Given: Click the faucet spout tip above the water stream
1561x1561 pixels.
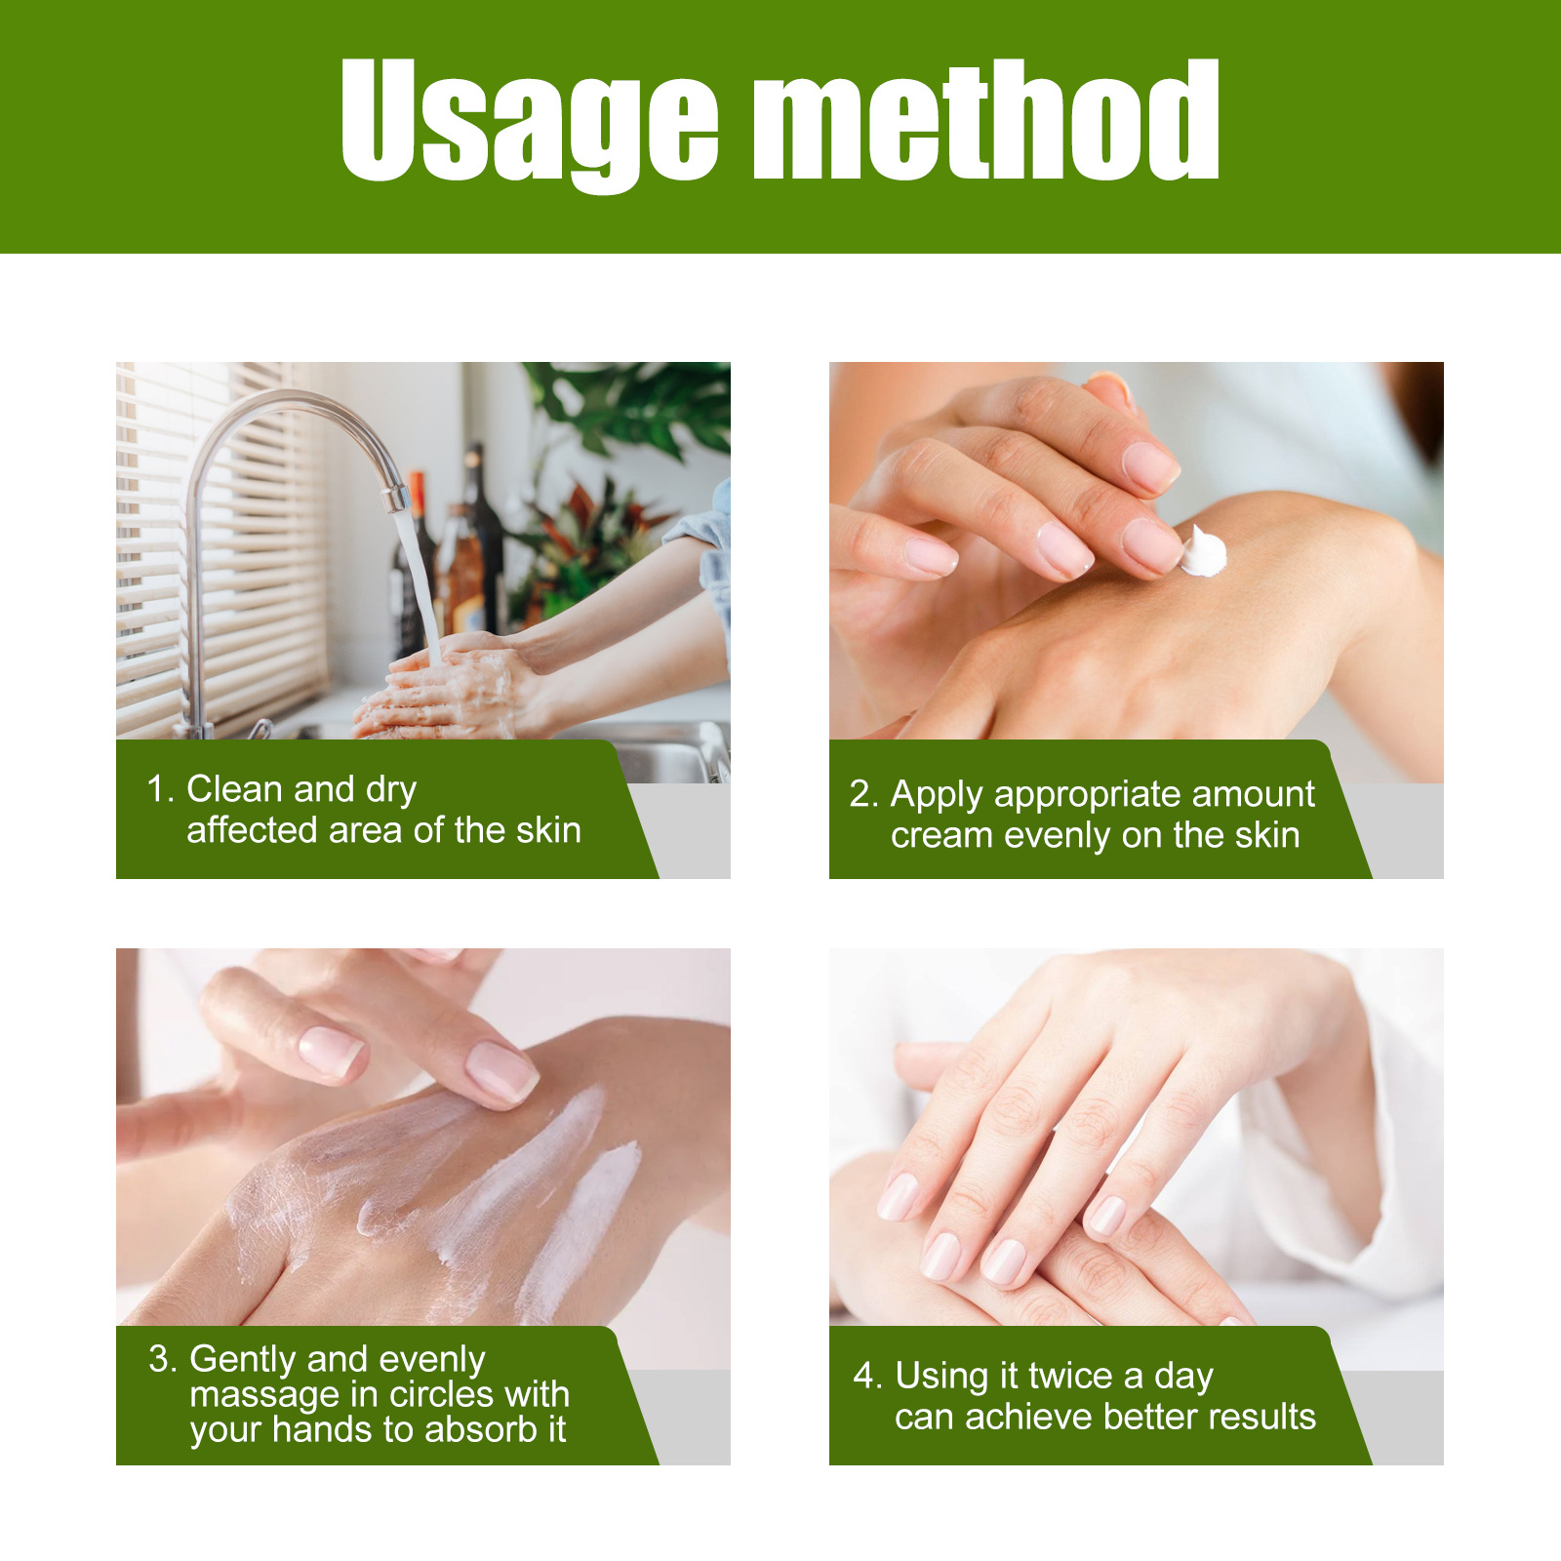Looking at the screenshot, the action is pyautogui.click(x=396, y=499).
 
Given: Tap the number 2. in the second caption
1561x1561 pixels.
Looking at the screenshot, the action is pyautogui.click(x=864, y=794).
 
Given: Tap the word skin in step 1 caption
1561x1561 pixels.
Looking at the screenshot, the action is pyautogui.click(x=548, y=830).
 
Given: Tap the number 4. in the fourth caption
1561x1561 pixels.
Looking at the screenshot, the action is pyautogui.click(x=868, y=1376).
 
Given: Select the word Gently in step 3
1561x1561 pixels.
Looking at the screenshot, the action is pyautogui.click(x=248, y=1360).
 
